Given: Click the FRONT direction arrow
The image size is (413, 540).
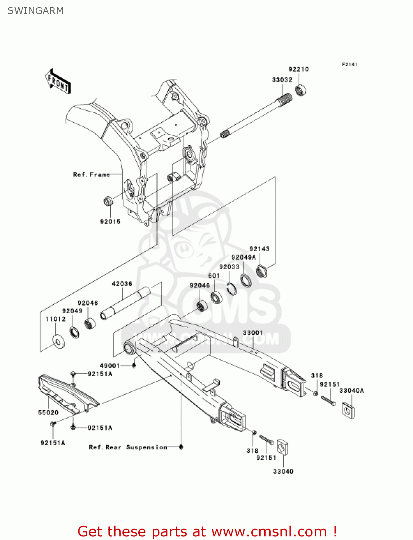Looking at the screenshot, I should pos(58,82).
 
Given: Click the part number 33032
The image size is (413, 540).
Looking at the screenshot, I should pos(282,80).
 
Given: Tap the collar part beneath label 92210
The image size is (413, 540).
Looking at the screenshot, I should pos(300,90).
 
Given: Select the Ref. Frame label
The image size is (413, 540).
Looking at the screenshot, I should pos(91,175).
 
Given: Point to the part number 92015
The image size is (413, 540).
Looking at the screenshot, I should pos(110,222).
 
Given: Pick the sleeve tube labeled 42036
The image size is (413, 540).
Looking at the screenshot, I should pos(124,302).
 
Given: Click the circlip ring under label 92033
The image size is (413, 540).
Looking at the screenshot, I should pos(232,288).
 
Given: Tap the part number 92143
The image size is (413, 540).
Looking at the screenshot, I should pos(259,249).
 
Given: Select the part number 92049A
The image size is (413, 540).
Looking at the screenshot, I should pos(243,257).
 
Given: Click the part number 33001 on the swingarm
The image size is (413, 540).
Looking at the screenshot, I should pos(253,333).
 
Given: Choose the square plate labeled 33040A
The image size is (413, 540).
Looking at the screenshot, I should pos(348,410).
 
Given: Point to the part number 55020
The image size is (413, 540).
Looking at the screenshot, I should pos(48,413).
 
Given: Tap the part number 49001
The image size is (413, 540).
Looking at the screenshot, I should pos(110,366).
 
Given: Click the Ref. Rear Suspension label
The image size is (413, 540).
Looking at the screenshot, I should pos(128,447).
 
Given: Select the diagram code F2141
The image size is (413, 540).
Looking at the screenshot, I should pos(349,64).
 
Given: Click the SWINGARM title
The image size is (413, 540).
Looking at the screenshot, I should pos(36,11).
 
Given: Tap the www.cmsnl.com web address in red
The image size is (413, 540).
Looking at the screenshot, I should pos(269,531).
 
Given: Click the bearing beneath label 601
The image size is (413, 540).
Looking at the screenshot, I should pos(216,297).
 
